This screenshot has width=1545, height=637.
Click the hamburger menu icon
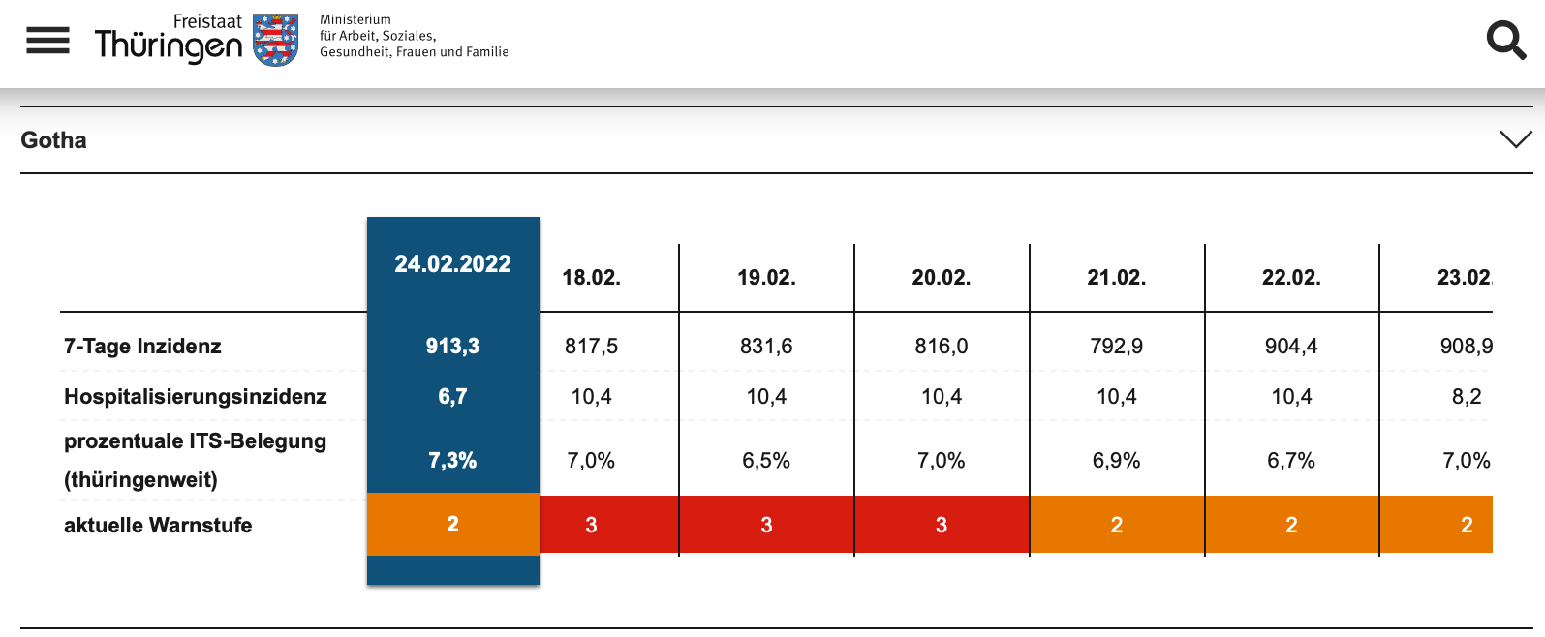click(47, 40)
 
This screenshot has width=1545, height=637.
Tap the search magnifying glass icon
click(1505, 41)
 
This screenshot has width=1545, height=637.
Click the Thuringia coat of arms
click(275, 40)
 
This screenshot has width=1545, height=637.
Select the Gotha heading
click(54, 140)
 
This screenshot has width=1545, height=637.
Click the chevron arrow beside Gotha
click(1516, 139)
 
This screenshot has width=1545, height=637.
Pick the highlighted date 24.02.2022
click(452, 264)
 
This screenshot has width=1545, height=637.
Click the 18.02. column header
click(591, 277)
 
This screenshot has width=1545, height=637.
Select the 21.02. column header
click(1117, 277)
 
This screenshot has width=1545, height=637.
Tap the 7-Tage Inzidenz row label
click(142, 346)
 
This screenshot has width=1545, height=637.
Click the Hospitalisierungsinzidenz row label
click(196, 396)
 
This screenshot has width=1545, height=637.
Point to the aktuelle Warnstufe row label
click(158, 526)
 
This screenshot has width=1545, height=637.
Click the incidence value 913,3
click(452, 346)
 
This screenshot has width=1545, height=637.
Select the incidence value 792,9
click(1117, 346)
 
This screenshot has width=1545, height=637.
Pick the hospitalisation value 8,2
click(1467, 396)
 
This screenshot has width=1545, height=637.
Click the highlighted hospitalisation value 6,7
click(452, 396)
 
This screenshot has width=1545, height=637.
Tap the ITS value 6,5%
click(766, 460)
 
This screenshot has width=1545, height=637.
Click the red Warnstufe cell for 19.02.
click(766, 525)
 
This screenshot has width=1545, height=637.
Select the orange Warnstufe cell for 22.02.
click(1292, 525)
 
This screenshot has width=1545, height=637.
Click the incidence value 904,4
click(1291, 346)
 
